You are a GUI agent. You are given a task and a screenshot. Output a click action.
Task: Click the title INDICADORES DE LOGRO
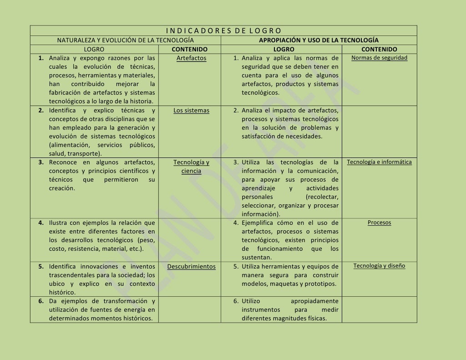(223, 31)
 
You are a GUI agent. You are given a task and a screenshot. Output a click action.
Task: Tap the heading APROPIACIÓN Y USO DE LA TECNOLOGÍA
(319, 40)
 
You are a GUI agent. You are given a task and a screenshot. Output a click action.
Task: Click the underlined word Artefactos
(191, 58)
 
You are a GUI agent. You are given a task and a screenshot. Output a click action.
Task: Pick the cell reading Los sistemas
(191, 111)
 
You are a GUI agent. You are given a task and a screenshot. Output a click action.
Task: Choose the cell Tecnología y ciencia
(191, 167)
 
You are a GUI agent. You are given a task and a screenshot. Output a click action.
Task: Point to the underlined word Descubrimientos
(191, 267)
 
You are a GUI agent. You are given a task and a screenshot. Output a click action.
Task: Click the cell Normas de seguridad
(379, 58)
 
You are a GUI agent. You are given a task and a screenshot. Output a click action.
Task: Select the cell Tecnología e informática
(379, 162)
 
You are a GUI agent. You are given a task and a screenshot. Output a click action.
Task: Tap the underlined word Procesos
(379, 223)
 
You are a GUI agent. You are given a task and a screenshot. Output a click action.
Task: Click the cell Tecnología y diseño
(379, 266)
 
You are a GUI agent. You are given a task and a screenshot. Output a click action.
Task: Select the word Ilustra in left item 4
(58, 223)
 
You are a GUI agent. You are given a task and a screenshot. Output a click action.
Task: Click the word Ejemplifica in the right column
(257, 223)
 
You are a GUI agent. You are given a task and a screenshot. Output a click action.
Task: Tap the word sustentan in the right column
(258, 258)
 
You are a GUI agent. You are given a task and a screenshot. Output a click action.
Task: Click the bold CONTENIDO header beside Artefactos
(189, 49)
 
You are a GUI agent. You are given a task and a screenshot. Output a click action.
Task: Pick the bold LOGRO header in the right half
(284, 49)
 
